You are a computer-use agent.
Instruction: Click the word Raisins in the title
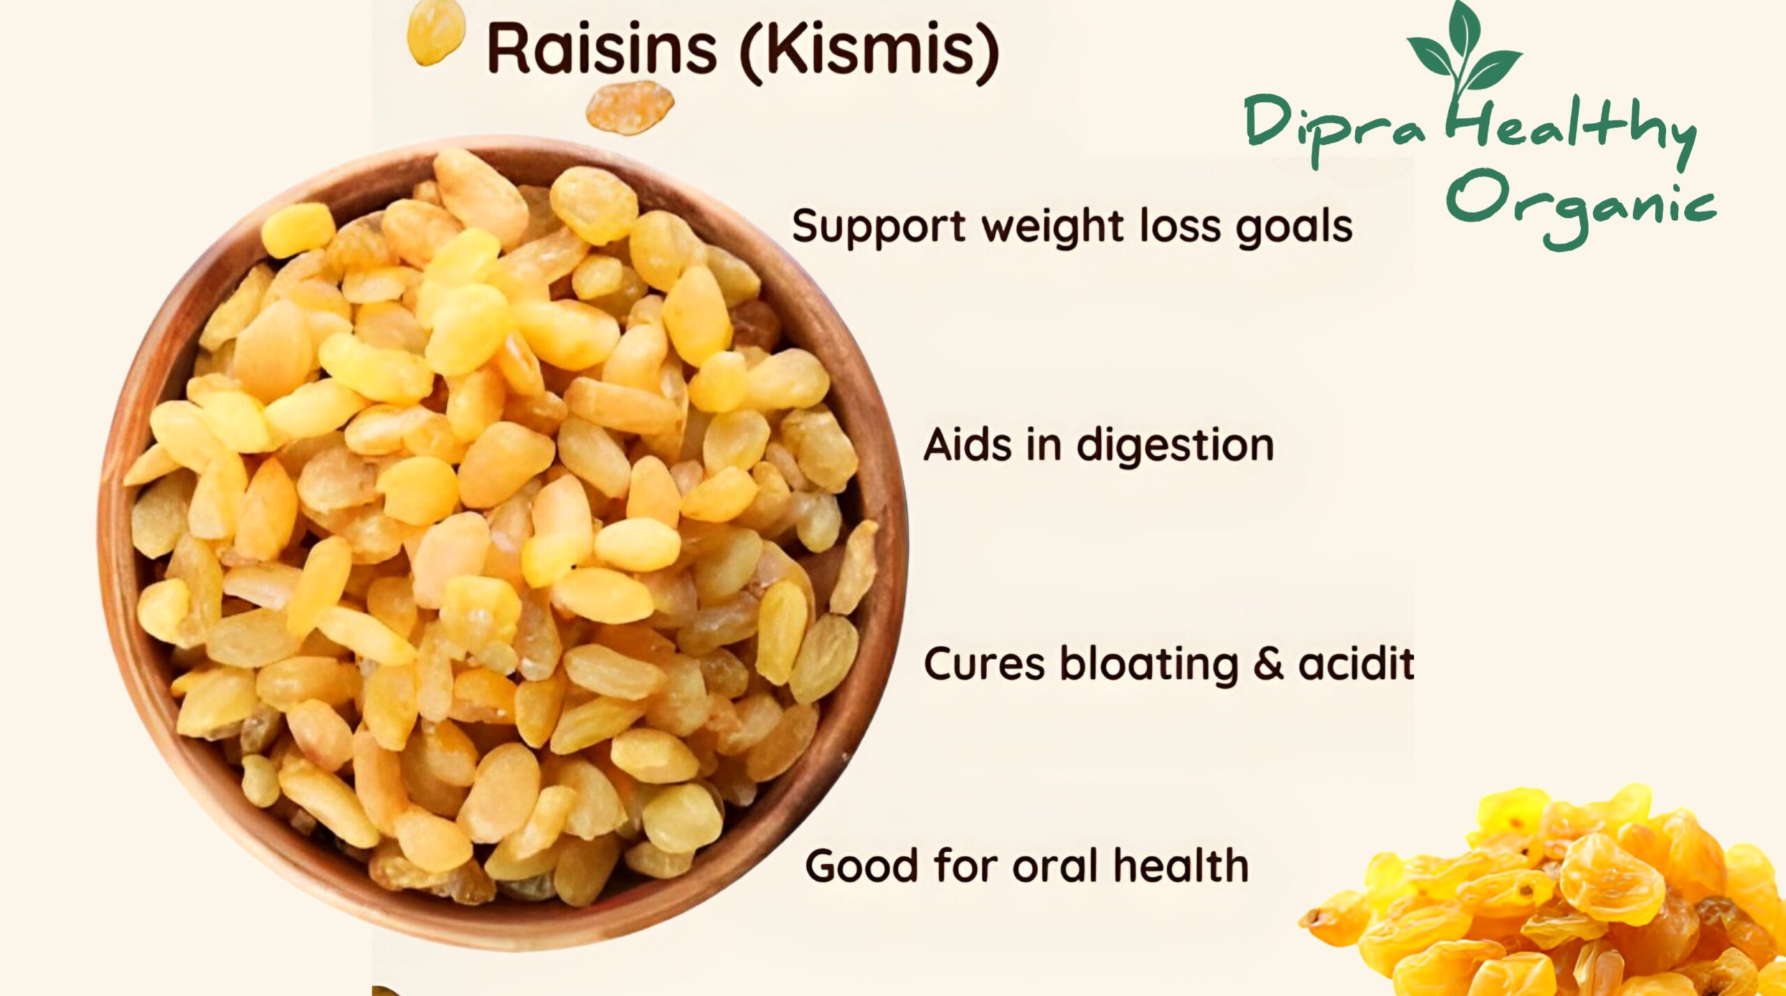coord(602,49)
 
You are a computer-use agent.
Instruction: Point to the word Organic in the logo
coord(1581,206)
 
